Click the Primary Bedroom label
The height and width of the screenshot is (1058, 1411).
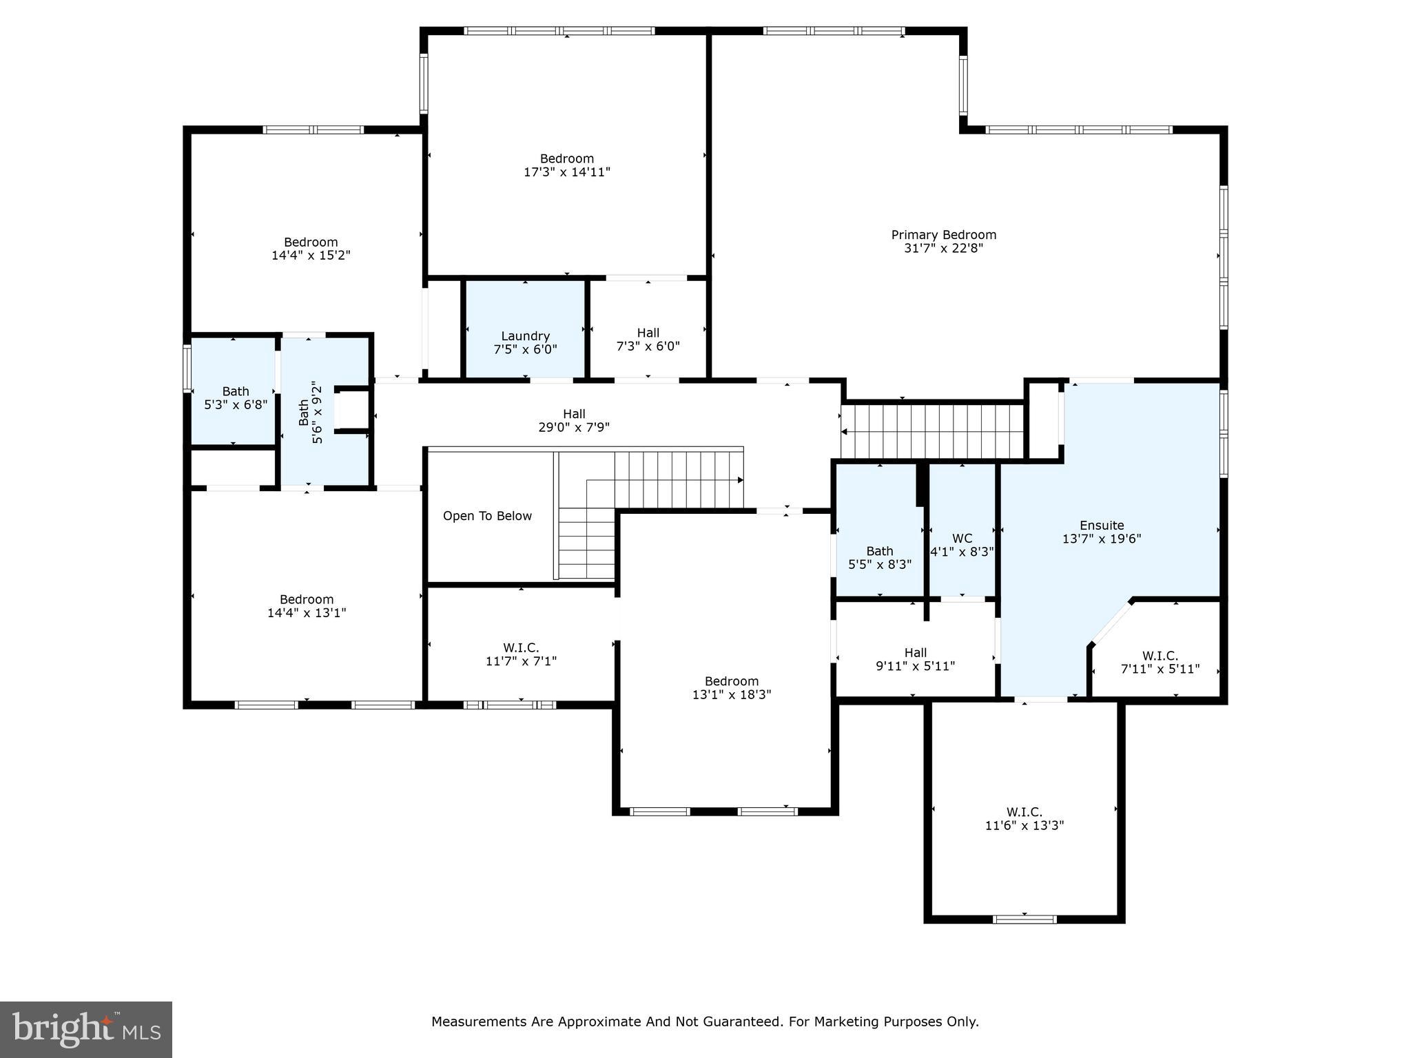pyautogui.click(x=943, y=235)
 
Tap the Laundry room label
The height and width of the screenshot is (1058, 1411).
pyautogui.click(x=525, y=336)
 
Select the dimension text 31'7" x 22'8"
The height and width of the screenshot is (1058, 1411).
pyautogui.click(x=943, y=248)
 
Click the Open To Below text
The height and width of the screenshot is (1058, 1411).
pyautogui.click(x=487, y=516)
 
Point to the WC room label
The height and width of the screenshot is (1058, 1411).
pyautogui.click(x=962, y=539)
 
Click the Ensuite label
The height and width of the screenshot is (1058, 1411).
pyautogui.click(x=1102, y=526)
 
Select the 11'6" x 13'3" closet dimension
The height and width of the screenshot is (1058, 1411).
pyautogui.click(x=1024, y=825)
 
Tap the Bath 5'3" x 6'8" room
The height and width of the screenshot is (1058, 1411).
pyautogui.click(x=236, y=398)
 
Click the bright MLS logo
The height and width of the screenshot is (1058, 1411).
pyautogui.click(x=86, y=1030)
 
